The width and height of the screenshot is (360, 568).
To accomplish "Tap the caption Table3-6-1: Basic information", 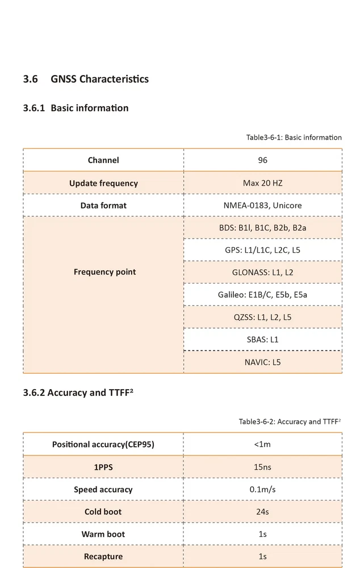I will pyautogui.click(x=294, y=137).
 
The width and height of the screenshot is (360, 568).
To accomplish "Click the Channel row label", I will pyautogui.click(x=103, y=160).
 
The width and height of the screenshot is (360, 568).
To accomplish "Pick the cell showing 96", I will pyautogui.click(x=262, y=160).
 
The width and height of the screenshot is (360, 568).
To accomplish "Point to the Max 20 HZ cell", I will pyautogui.click(x=262, y=183).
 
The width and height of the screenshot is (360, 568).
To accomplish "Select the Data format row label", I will pyautogui.click(x=103, y=205).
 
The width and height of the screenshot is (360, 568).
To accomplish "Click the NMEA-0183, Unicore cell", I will pyautogui.click(x=262, y=205).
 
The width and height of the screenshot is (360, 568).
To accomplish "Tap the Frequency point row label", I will pyautogui.click(x=104, y=272).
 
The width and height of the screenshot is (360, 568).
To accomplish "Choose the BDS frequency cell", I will pyautogui.click(x=262, y=228).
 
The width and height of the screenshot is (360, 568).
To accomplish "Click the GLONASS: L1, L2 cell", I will pyautogui.click(x=262, y=272).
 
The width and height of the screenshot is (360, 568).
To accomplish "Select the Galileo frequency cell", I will pyautogui.click(x=262, y=295).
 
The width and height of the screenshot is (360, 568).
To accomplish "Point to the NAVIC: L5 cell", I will pyautogui.click(x=262, y=362).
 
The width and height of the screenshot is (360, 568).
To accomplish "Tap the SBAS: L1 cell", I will pyautogui.click(x=262, y=340).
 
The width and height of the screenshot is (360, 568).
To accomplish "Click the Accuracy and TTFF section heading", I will pyautogui.click(x=79, y=392).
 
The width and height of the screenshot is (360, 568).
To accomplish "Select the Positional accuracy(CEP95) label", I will pyautogui.click(x=103, y=444).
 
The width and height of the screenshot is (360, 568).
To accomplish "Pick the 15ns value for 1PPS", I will pyautogui.click(x=262, y=467).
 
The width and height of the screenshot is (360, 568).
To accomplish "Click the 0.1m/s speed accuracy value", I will pyautogui.click(x=262, y=489).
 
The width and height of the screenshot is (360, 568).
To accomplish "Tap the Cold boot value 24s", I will pyautogui.click(x=262, y=512).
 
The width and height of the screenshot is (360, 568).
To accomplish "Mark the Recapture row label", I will pyautogui.click(x=103, y=557).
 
